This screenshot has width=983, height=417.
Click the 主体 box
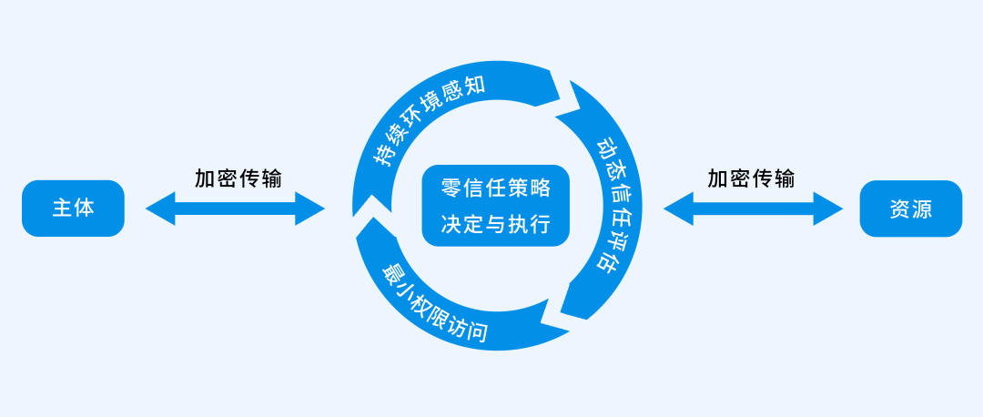(x=73, y=208)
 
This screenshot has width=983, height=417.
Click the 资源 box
(x=910, y=208)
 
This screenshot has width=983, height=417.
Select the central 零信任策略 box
(x=495, y=206)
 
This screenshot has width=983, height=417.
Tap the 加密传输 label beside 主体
(x=238, y=178)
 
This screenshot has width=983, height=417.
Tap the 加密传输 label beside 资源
(x=751, y=178)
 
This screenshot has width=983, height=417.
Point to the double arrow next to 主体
(x=235, y=208)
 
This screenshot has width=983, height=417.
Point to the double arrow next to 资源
(x=753, y=208)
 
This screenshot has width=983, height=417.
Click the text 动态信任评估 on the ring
(x=608, y=204)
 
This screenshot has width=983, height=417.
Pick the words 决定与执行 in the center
(x=495, y=223)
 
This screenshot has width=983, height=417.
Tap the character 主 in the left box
(x=62, y=208)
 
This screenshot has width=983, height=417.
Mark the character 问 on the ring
(x=476, y=331)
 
